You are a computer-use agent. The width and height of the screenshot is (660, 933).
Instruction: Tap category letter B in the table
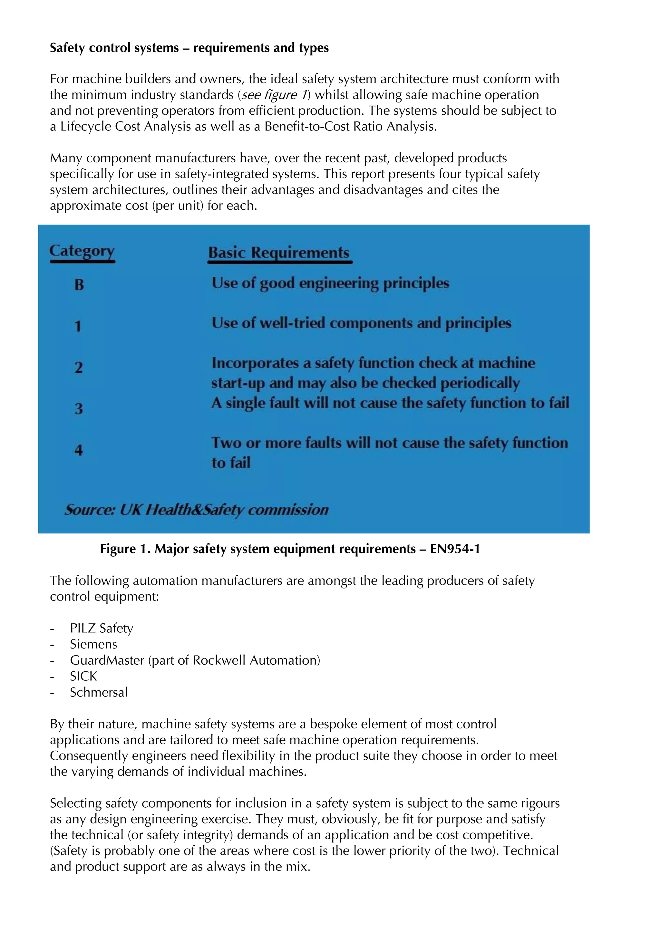(79, 285)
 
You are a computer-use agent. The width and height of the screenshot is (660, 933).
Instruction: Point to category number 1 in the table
(78, 326)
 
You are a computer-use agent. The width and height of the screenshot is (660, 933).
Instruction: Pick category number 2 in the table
(78, 367)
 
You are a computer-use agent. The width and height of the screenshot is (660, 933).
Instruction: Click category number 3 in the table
(78, 409)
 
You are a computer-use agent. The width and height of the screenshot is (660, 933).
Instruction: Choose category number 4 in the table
(78, 450)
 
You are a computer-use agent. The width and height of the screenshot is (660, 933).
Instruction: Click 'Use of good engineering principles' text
(330, 283)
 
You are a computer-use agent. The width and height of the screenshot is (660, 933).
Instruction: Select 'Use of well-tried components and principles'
(361, 323)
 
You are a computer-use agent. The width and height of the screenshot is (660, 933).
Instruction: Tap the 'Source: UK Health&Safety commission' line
(196, 510)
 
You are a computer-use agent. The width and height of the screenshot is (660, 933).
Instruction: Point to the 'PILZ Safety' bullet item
(101, 628)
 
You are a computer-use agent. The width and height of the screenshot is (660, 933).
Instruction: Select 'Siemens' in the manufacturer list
(93, 644)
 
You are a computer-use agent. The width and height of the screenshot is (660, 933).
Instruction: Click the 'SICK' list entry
(83, 676)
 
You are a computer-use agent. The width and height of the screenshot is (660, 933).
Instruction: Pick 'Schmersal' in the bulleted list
(99, 692)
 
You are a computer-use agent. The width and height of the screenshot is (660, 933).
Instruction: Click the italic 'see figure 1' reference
(274, 95)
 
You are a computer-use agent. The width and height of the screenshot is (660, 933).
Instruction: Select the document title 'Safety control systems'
(114, 48)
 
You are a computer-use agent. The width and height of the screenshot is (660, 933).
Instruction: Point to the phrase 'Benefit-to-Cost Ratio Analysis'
(350, 126)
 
